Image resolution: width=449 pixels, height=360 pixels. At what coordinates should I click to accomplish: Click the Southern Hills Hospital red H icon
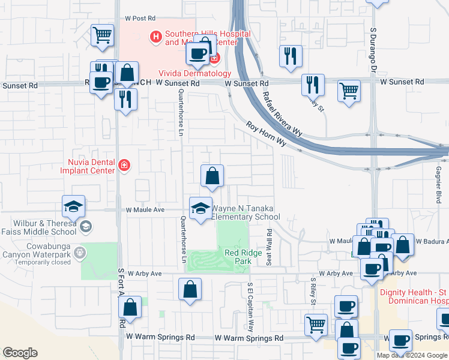(156, 37)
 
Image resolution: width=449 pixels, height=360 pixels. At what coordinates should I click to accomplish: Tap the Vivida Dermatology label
(194, 73)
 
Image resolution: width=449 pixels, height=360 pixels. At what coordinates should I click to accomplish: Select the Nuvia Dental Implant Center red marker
(124, 166)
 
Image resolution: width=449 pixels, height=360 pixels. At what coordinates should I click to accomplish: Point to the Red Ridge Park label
(238, 257)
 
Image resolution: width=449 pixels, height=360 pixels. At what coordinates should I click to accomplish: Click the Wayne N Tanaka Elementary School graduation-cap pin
(200, 208)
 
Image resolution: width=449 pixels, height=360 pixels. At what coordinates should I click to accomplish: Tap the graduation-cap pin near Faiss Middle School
(74, 206)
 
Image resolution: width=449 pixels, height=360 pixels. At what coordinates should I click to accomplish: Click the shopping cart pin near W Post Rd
(103, 35)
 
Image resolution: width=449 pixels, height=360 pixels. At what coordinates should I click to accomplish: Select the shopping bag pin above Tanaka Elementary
(212, 176)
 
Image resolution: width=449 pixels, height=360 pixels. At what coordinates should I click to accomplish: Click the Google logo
(20, 353)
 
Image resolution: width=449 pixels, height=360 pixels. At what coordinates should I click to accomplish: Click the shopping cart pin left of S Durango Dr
(349, 91)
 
